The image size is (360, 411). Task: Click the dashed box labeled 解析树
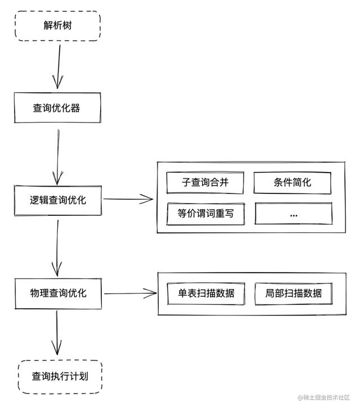[58, 26]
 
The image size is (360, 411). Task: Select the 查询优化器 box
[58, 108]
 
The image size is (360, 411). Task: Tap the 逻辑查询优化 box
[58, 200]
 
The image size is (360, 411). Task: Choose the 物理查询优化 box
[58, 293]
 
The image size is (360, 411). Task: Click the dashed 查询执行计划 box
[60, 376]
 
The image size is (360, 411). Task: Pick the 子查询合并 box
[205, 182]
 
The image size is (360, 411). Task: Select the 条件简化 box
[292, 182]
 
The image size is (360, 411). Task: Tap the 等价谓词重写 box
[205, 213]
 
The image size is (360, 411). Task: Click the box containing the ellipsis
[293, 214]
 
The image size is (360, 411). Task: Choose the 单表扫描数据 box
[206, 293]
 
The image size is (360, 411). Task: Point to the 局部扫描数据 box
[293, 293]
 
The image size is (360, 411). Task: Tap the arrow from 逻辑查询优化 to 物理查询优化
[57, 246]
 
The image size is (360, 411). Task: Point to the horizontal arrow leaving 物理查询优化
[129, 293]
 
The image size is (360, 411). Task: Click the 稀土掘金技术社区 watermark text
[325, 398]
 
